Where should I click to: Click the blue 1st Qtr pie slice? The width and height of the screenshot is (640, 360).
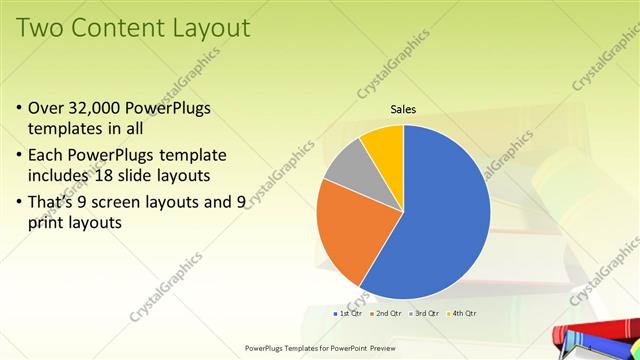tap(440, 210)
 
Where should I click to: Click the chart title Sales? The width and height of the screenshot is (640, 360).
tap(403, 109)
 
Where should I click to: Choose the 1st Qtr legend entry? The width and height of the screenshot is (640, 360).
tap(347, 314)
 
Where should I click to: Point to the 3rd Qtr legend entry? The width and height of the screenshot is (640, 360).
tap(424, 314)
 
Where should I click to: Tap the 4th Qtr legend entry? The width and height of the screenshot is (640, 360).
tap(462, 314)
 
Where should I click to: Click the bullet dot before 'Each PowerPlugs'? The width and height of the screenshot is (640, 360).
tap(21, 157)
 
